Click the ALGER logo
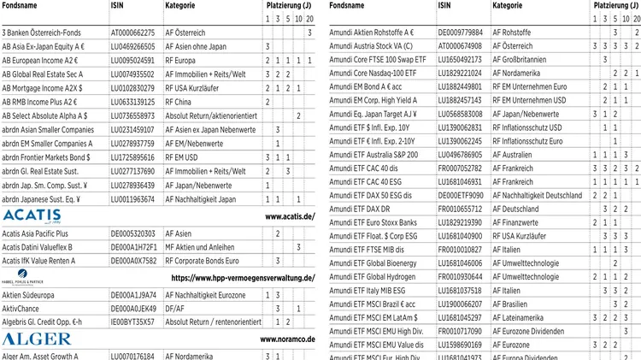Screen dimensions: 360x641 (x=25, y=339)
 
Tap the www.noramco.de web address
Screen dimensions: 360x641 (x=287, y=340)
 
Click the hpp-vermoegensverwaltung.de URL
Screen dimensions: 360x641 (x=243, y=279)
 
